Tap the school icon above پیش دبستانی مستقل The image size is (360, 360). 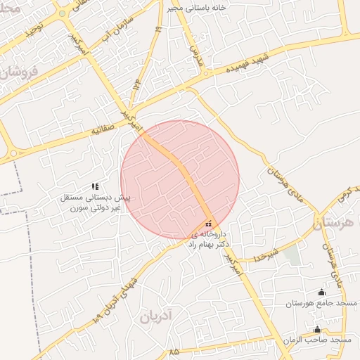95,186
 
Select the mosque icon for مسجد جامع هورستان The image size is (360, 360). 322,292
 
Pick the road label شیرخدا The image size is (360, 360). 269,252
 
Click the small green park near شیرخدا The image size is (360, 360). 292,256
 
